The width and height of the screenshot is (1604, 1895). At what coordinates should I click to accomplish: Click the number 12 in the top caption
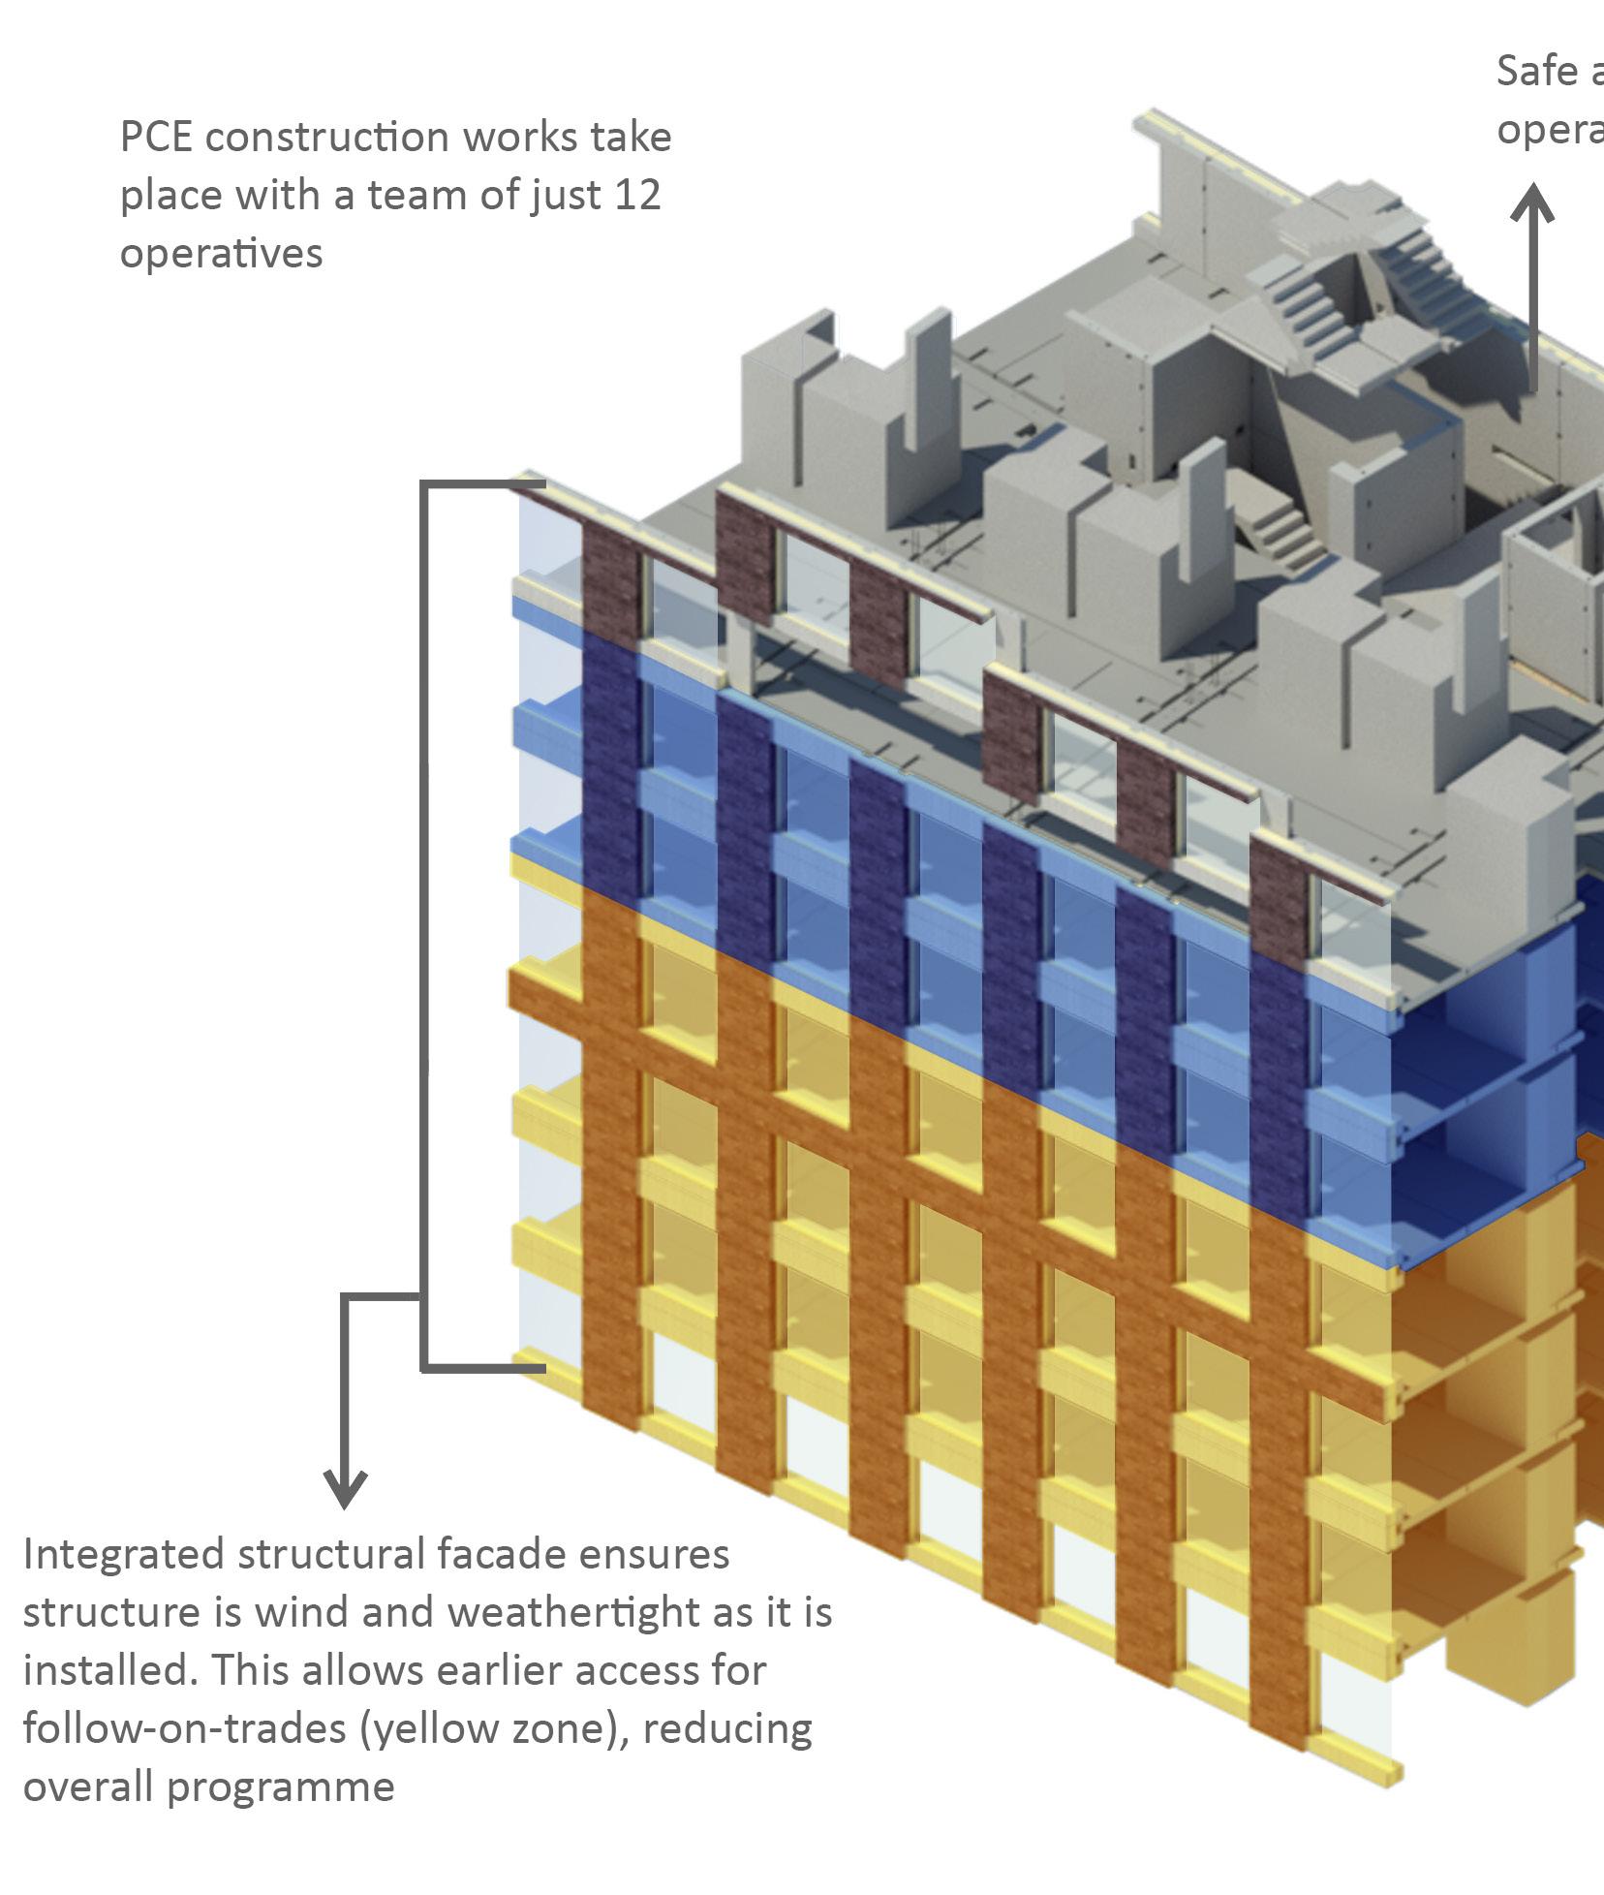637,195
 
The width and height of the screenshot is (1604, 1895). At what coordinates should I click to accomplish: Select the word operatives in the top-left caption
221,254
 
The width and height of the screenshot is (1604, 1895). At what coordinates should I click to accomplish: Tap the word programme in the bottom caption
281,1787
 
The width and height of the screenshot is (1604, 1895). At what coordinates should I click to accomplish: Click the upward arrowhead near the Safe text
1532,203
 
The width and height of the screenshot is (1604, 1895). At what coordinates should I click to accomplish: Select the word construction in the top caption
327,137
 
